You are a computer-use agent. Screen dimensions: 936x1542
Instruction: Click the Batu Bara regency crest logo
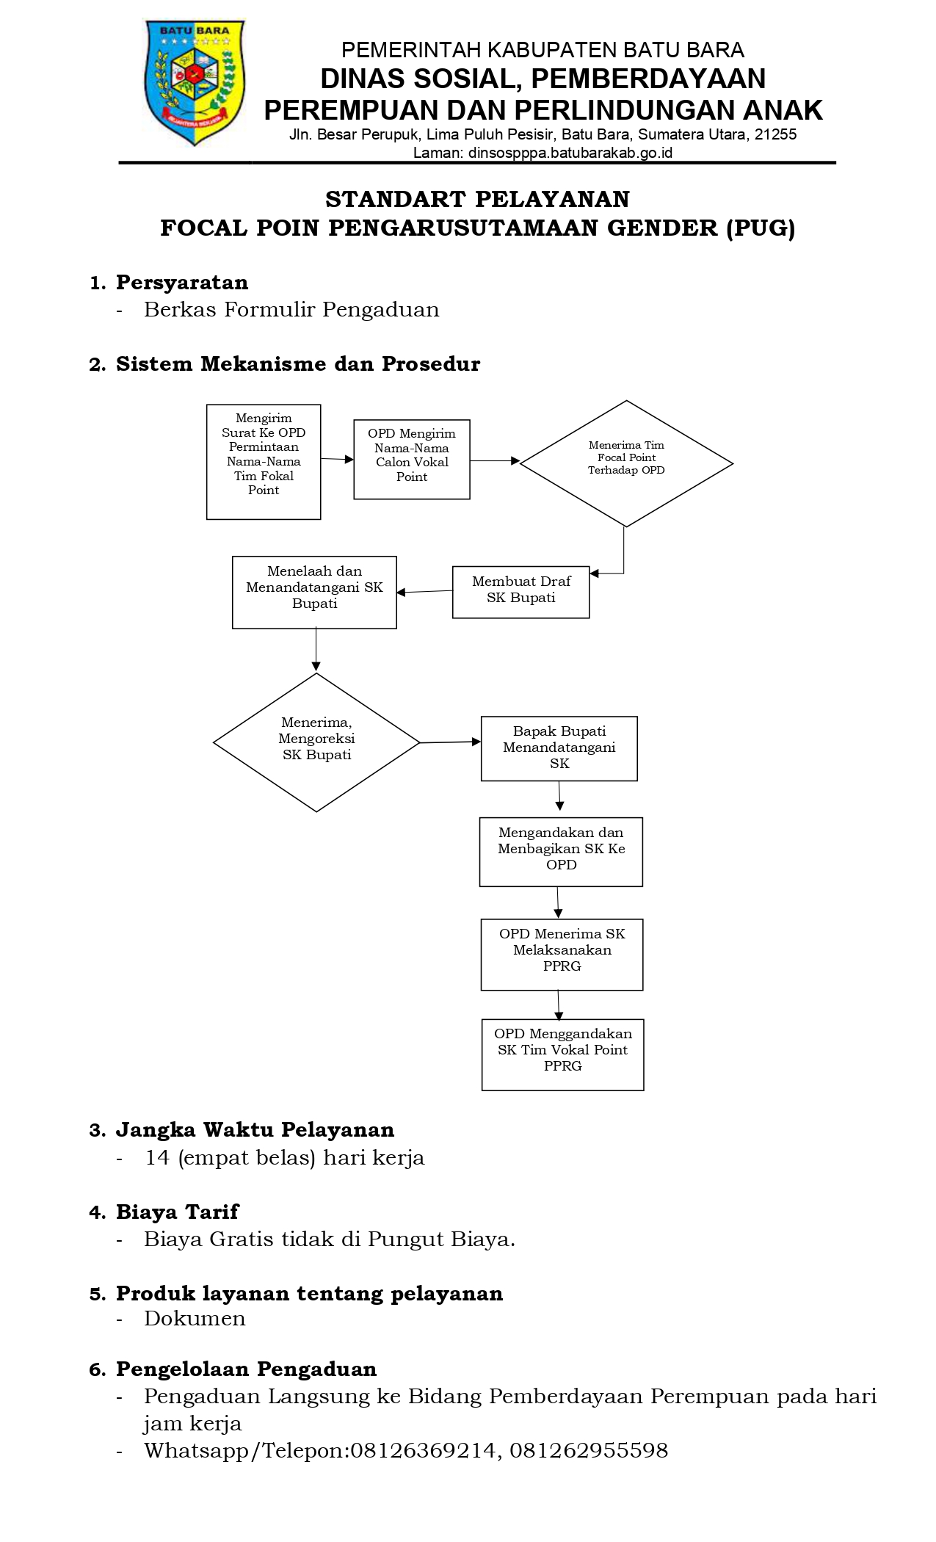(x=195, y=82)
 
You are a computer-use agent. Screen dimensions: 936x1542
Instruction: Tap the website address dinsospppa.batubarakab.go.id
(x=570, y=153)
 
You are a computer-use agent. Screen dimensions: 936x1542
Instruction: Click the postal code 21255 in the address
(x=775, y=134)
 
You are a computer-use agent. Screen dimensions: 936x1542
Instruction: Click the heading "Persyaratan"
(x=182, y=283)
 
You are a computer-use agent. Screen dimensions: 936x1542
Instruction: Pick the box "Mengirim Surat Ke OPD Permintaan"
(x=264, y=462)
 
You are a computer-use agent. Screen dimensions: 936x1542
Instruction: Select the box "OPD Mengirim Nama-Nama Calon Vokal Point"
(x=412, y=460)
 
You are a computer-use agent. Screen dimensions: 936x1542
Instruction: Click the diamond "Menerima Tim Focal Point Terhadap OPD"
(x=626, y=463)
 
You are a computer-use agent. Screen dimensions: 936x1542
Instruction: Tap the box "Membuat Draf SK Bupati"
(x=521, y=592)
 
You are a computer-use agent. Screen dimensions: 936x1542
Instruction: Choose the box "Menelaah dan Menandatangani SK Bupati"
(x=314, y=593)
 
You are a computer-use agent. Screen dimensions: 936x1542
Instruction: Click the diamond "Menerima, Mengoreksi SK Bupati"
(x=316, y=742)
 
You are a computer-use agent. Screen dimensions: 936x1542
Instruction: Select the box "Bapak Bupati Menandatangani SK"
(x=559, y=748)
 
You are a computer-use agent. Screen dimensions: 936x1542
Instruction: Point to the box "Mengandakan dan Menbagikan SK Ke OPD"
(x=561, y=852)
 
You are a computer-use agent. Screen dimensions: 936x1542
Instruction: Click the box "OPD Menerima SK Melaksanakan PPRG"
(x=562, y=955)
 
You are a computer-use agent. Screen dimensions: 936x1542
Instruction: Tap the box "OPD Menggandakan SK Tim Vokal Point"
(x=563, y=1054)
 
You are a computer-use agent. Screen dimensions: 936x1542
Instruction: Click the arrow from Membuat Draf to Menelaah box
(x=424, y=592)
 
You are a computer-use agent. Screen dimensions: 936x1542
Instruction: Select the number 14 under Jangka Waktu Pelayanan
(x=158, y=1158)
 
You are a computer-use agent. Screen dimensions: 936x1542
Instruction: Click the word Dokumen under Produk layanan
(x=195, y=1319)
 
